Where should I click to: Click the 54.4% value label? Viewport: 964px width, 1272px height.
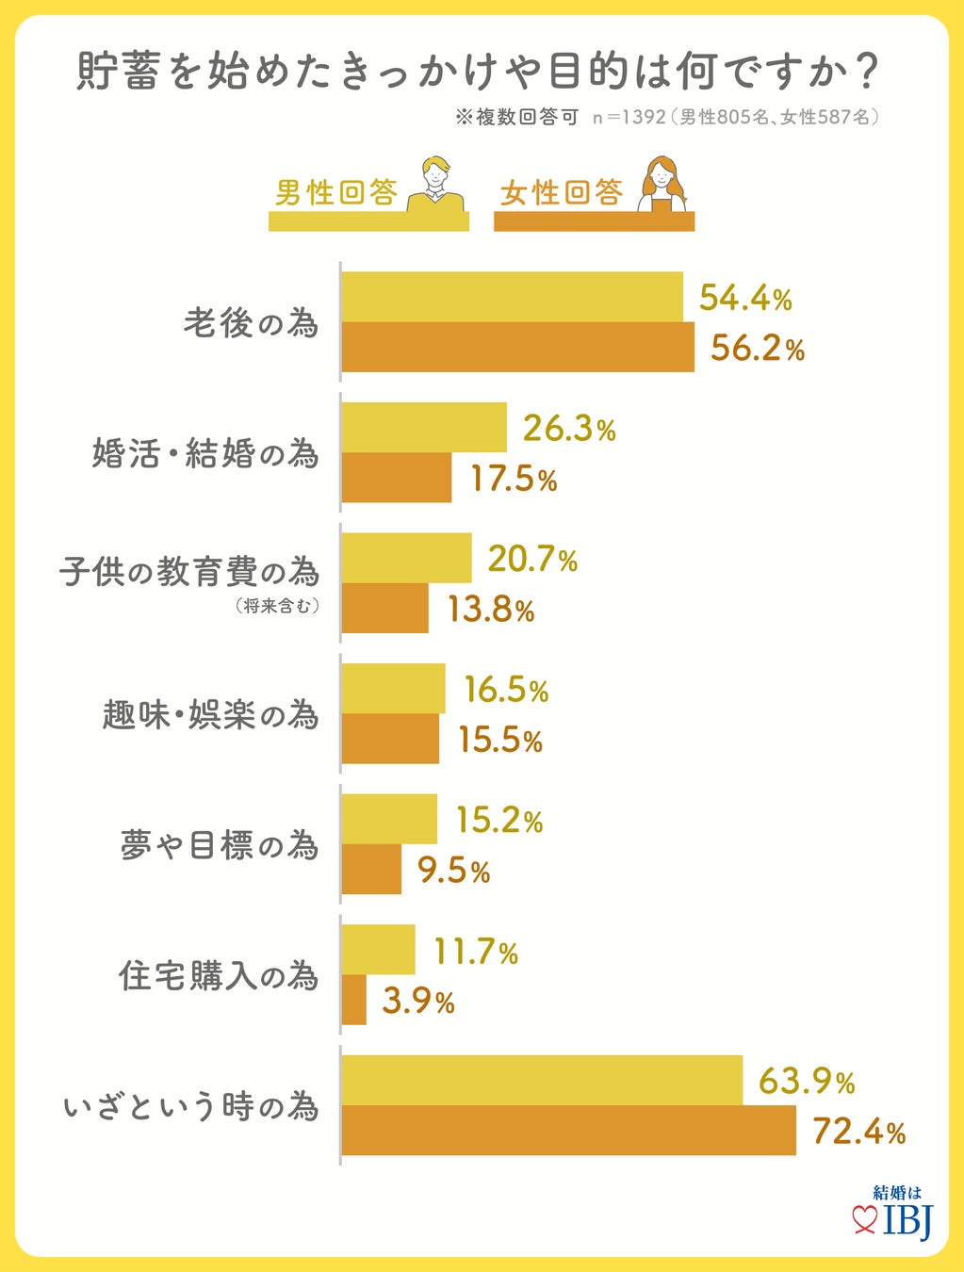745,299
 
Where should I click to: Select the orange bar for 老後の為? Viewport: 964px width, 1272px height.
517,348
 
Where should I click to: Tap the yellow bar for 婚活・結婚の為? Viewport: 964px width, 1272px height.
424,428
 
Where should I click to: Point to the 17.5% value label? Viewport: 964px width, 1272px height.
514,479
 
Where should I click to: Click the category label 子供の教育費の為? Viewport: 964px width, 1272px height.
189,572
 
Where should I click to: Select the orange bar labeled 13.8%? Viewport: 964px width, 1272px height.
384,608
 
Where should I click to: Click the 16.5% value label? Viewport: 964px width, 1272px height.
506,690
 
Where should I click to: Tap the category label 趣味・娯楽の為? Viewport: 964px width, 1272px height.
210,715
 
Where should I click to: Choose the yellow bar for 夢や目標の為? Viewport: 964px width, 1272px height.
389,819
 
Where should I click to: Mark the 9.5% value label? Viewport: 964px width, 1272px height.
454,871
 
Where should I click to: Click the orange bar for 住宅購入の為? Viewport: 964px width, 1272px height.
354,1000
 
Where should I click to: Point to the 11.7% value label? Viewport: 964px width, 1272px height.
476,952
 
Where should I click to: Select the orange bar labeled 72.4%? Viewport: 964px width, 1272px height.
568,1131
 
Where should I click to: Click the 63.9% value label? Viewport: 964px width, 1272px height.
807,1081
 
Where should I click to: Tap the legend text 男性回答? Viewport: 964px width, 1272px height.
335,193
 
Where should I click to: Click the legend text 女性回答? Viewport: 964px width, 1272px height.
562,193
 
